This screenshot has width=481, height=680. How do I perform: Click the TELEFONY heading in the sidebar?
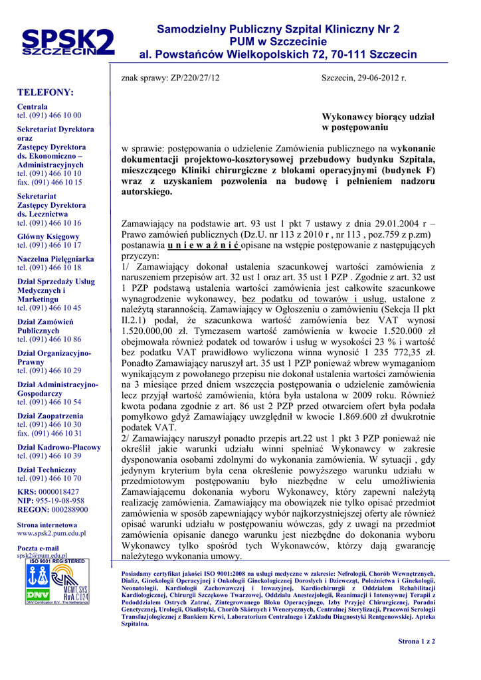45,92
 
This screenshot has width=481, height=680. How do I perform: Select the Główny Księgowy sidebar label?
48,236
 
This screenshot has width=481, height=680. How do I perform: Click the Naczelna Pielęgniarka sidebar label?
56,259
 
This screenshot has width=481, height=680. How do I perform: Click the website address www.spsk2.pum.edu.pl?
51,533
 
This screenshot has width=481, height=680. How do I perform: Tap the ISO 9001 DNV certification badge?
56,582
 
